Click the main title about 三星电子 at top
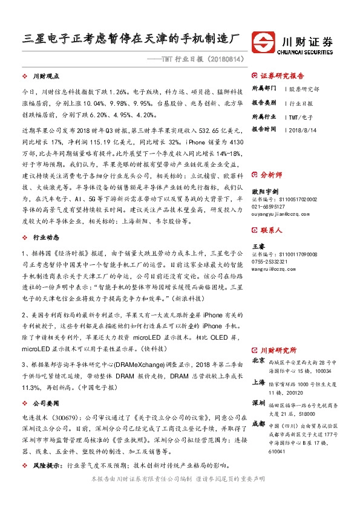click(131, 37)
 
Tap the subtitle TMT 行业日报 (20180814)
click(193, 60)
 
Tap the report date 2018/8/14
click(299, 129)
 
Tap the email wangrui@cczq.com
click(273, 261)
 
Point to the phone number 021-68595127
click(268, 205)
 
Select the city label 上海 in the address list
click(258, 382)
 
